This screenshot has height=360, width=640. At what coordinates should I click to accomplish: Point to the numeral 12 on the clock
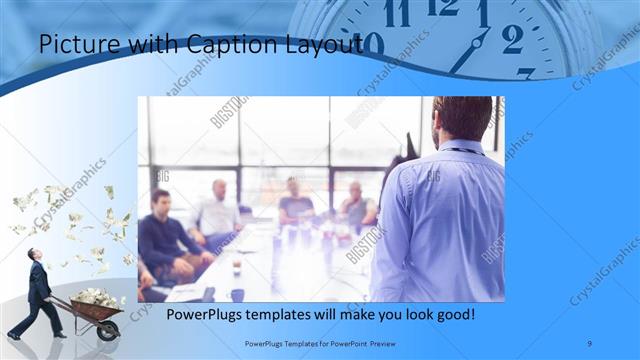442,7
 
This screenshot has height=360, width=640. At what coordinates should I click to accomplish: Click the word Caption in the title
237,45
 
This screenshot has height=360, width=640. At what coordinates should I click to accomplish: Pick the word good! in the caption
451,314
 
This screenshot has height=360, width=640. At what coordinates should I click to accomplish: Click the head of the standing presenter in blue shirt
463,117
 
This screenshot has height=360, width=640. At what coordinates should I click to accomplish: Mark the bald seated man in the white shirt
217,212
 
